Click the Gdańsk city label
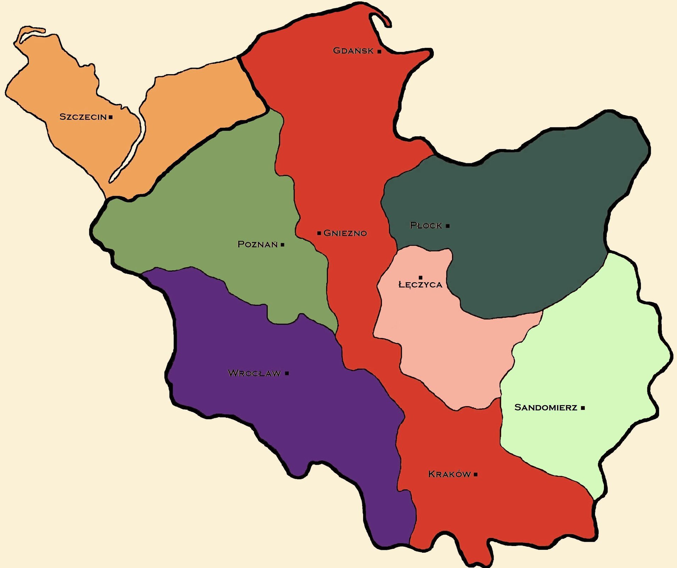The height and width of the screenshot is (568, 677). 353,51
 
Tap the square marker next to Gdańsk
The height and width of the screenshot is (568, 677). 379,51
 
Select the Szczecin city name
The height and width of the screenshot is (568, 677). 83,117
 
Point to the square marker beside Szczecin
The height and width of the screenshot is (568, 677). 111,117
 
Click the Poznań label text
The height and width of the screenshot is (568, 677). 257,244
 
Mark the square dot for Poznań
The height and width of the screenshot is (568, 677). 283,245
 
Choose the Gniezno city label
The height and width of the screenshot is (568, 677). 345,233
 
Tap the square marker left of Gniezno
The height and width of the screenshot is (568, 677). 319,233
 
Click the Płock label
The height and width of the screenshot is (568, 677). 426,225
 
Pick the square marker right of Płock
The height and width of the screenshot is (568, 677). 448,226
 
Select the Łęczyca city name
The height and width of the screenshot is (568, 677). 420,285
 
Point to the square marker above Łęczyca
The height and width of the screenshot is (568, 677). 421,278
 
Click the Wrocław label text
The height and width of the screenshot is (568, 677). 254,373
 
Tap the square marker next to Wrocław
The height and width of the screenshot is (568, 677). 287,373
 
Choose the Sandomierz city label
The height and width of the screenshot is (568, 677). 546,408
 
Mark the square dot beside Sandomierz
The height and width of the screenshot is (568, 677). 583,408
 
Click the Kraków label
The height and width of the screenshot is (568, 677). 449,474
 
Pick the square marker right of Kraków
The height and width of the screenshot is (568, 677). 476,474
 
